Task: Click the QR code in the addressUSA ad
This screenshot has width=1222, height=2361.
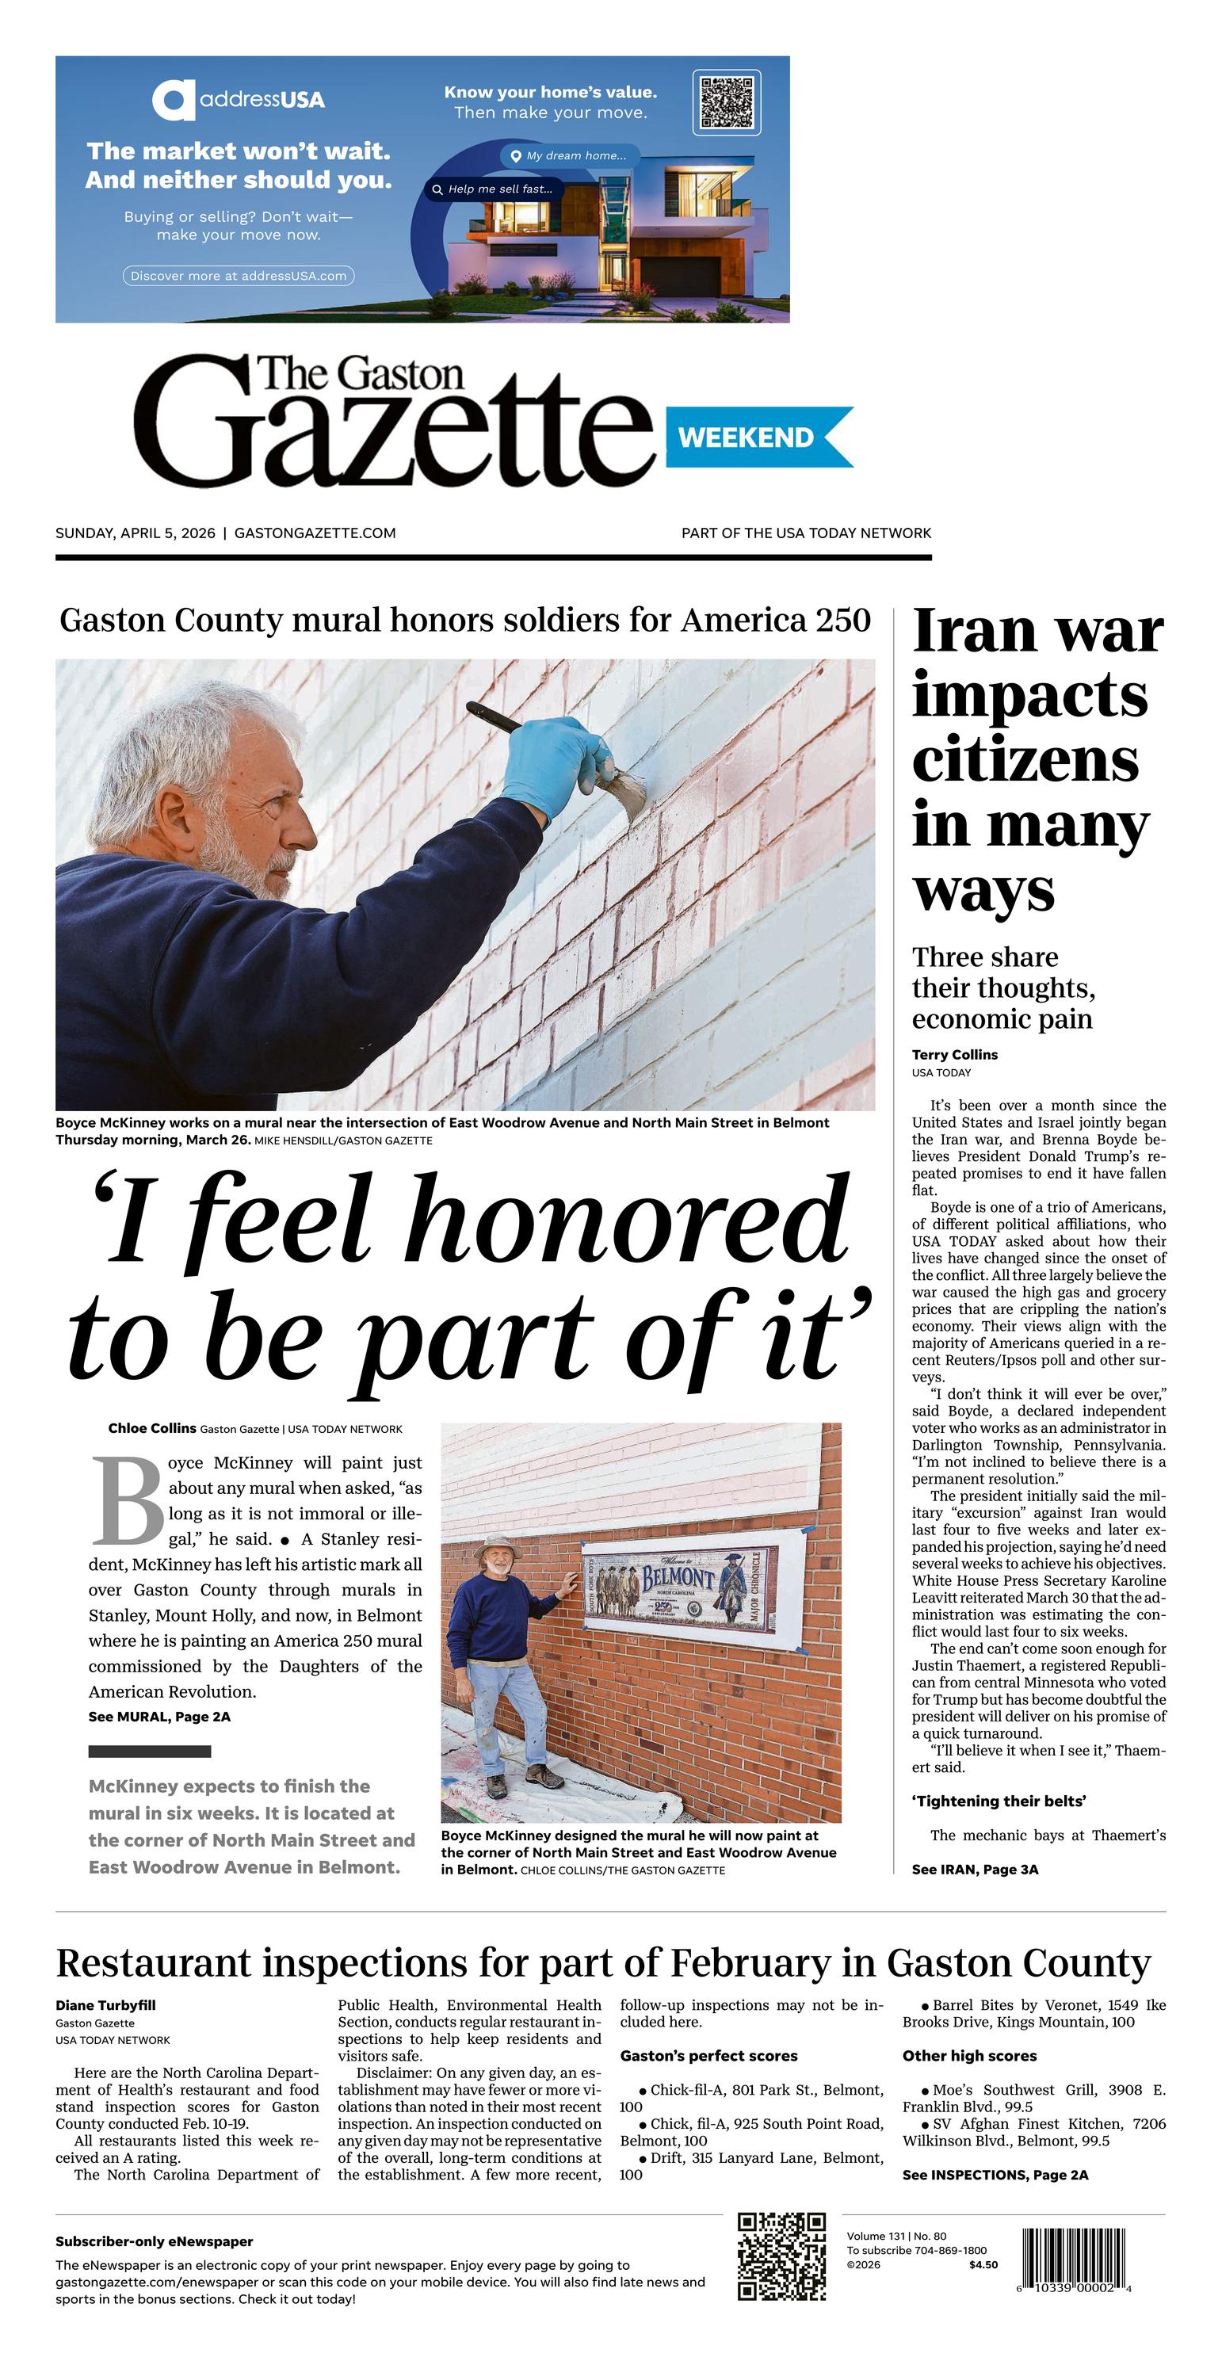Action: tap(726, 101)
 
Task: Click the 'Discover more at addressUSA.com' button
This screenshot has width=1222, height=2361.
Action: tap(239, 275)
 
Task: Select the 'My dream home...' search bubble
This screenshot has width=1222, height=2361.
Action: tap(571, 156)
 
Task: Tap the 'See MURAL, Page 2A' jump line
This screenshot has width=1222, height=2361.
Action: tap(159, 1717)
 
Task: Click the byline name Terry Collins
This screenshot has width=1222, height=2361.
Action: tap(954, 1055)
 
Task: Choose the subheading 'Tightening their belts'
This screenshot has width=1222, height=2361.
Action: tap(999, 1801)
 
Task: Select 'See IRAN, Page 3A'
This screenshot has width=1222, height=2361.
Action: tap(975, 1870)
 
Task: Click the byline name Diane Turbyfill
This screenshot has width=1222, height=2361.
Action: tap(105, 2005)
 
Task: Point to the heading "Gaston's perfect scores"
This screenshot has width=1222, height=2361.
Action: tap(708, 2056)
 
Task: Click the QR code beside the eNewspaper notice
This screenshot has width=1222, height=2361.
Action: tap(782, 2256)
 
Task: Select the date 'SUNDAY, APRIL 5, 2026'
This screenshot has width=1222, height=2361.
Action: tap(136, 533)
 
